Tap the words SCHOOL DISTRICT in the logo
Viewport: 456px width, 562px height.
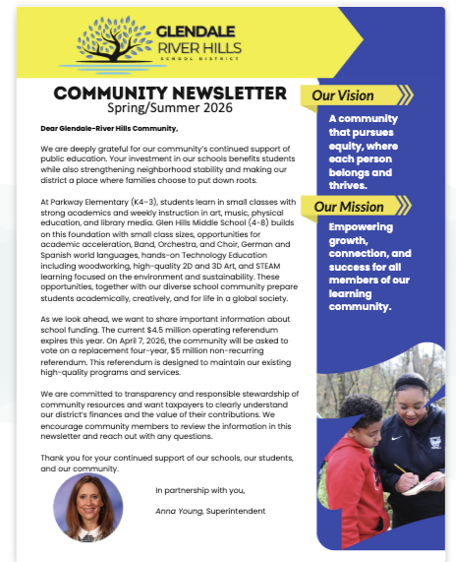(197, 59)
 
